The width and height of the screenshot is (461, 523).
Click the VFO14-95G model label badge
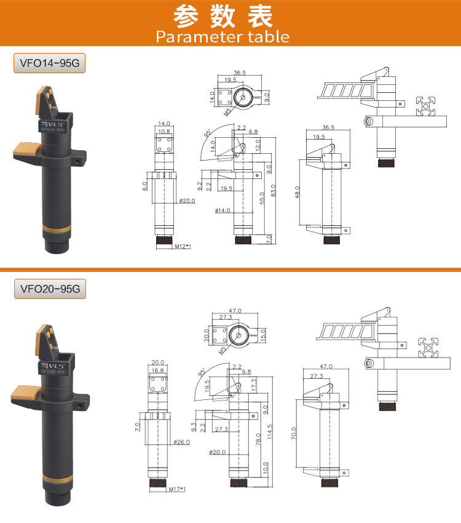[49, 63]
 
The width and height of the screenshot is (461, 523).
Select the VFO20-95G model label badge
[50, 289]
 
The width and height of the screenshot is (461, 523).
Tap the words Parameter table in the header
[223, 37]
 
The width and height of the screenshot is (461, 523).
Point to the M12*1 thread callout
[183, 246]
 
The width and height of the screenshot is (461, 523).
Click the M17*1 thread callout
[177, 489]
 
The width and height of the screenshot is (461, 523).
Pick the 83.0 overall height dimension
[274, 191]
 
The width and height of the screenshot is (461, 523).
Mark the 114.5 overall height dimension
[270, 431]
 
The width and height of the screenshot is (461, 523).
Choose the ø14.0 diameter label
[223, 210]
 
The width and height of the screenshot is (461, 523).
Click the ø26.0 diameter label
[182, 442]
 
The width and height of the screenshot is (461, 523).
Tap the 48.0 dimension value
[297, 192]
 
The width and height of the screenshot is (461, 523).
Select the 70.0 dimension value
[294, 433]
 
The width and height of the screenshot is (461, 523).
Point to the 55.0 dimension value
[262, 198]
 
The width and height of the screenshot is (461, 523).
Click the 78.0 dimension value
[258, 439]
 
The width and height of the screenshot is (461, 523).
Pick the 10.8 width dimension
[164, 132]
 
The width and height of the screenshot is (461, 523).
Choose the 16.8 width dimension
[158, 370]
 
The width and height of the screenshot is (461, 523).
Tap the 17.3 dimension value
[254, 385]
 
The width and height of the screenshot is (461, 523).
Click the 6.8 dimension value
[253, 132]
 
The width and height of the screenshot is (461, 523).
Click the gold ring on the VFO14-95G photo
[57, 230]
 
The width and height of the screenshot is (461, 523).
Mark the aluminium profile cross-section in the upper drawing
[426, 106]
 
